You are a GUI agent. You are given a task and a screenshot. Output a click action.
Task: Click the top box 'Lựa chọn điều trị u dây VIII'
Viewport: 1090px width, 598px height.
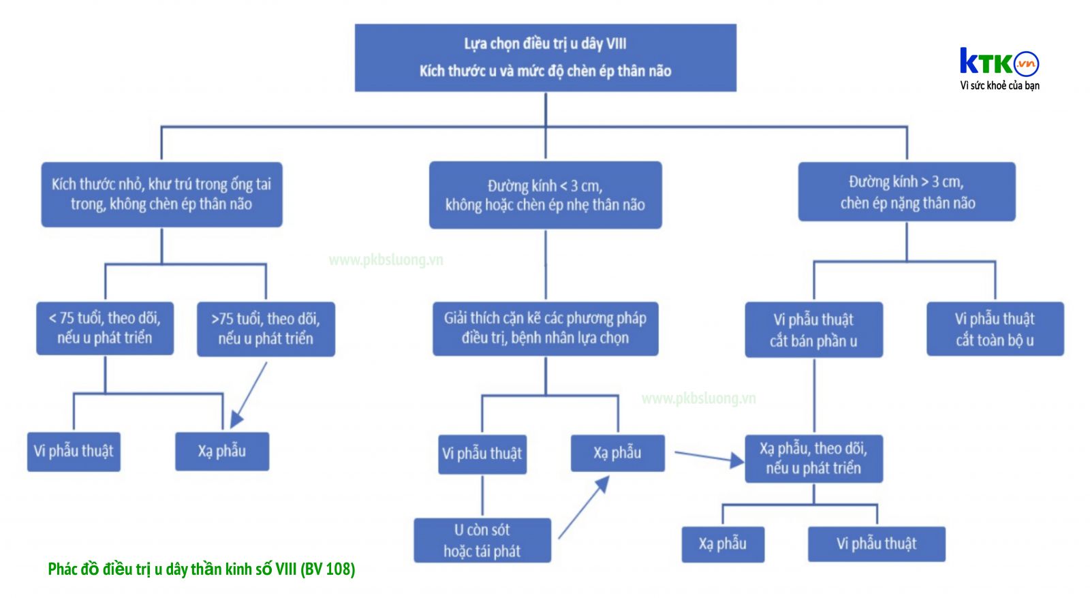(x=546, y=58)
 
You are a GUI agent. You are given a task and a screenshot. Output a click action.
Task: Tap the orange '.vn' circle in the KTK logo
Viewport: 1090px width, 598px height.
(x=1026, y=64)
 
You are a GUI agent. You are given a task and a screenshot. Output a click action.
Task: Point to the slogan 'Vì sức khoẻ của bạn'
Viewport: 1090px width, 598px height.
(x=999, y=86)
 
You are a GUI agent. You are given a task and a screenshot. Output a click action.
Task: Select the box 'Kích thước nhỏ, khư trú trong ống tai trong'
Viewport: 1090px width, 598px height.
(x=161, y=195)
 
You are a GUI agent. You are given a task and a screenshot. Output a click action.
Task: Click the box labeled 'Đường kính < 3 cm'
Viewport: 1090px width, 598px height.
(x=546, y=195)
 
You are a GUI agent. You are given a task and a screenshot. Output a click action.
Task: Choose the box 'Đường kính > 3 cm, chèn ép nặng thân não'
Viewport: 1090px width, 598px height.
(x=907, y=191)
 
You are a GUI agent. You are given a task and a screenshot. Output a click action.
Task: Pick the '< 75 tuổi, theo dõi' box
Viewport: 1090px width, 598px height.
(x=105, y=328)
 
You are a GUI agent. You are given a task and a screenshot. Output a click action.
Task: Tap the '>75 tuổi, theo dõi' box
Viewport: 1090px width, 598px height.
(x=266, y=330)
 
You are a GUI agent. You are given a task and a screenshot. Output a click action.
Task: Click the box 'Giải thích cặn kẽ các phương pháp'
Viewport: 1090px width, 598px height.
(x=546, y=329)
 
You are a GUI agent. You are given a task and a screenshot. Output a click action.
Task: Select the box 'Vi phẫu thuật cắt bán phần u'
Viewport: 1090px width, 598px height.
(x=814, y=330)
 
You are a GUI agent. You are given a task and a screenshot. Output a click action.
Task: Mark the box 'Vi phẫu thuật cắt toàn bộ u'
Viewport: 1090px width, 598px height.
(x=995, y=329)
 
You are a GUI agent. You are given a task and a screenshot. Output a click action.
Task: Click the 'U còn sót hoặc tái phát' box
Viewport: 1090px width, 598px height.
(x=483, y=541)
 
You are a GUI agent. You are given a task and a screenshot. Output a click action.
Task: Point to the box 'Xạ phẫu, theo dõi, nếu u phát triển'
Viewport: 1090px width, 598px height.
(x=814, y=459)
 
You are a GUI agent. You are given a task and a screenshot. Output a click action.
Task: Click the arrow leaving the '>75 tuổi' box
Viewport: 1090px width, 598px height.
(x=249, y=395)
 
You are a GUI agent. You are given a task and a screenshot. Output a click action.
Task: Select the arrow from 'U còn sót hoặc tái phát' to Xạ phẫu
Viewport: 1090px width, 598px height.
(x=584, y=507)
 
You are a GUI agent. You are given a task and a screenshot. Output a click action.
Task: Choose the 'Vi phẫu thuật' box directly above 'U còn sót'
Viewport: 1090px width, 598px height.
(x=482, y=454)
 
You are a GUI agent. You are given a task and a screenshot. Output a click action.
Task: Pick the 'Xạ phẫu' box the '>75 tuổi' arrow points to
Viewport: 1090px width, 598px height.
(x=222, y=452)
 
